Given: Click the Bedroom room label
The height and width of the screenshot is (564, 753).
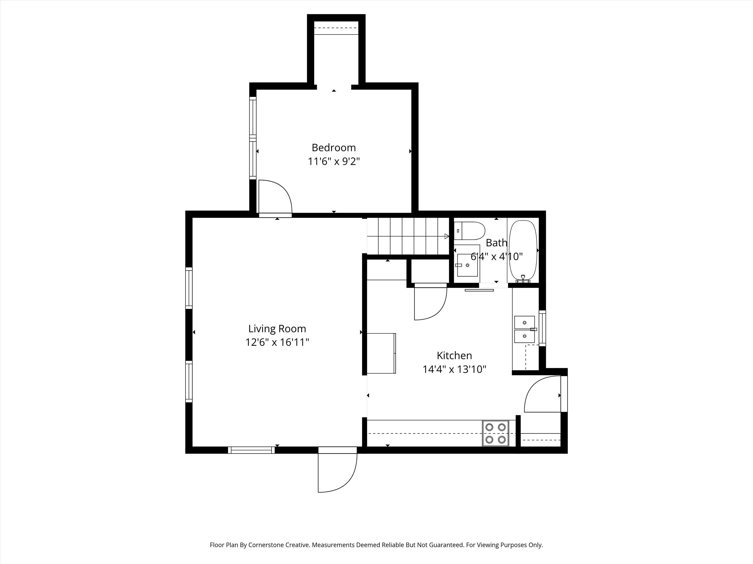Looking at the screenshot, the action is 334,148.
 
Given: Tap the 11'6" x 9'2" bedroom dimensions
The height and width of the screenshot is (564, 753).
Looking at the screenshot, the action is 334,161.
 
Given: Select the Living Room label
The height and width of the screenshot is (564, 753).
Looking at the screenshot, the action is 277,329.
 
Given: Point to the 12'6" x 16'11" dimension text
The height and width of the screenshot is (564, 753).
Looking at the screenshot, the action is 277,342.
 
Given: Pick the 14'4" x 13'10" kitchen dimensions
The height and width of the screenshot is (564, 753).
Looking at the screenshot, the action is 454,369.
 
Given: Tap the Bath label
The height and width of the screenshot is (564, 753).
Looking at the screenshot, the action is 496,243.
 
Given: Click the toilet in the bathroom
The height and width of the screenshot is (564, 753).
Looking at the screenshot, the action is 469,231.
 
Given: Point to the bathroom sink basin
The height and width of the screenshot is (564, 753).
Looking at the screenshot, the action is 467,265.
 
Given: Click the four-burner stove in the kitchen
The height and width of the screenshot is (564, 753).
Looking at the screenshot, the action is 495,433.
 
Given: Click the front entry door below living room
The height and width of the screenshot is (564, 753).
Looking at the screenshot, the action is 337,472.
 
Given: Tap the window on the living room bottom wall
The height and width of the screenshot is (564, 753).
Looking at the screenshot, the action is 251,450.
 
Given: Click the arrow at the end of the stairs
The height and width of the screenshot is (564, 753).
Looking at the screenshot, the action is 447,236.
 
